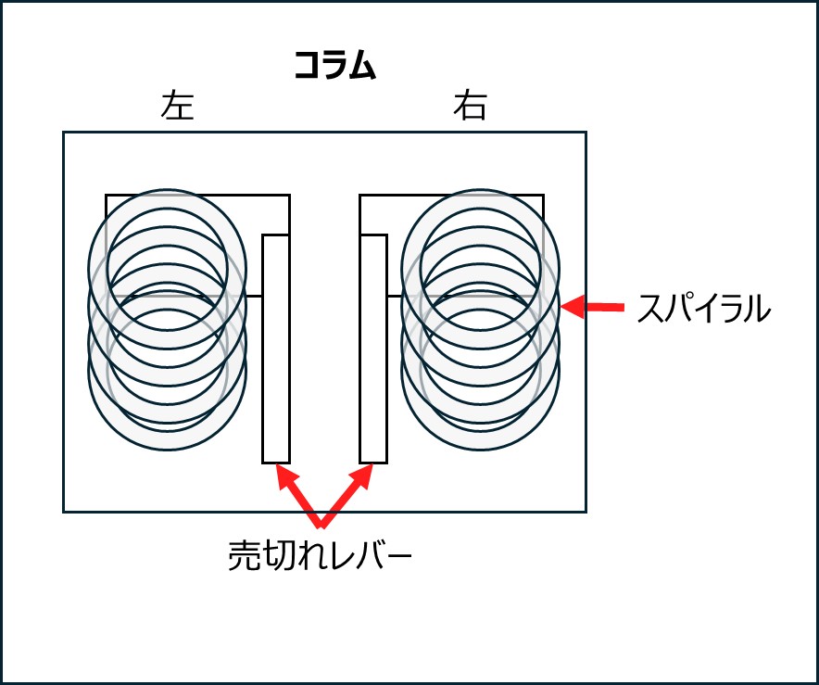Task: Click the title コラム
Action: tap(334, 66)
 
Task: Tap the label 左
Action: tap(177, 108)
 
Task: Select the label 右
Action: tap(470, 108)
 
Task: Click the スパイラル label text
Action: tap(704, 309)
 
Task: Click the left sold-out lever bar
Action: tap(276, 349)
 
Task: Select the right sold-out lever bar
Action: tap(373, 349)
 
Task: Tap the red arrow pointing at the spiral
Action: tap(593, 305)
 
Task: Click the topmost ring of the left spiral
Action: tap(167, 200)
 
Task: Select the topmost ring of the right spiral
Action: tap(480, 200)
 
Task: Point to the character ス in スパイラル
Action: tap(651, 309)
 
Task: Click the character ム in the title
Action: tap(362, 66)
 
